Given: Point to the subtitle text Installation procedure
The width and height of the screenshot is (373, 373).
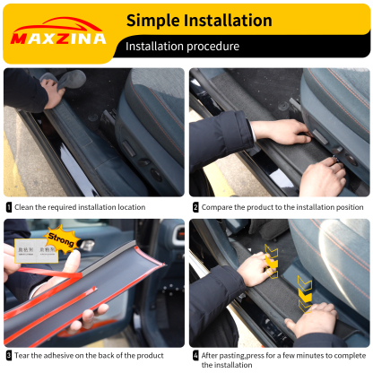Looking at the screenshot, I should click(182, 46).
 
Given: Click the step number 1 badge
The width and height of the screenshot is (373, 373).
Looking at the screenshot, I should click(9, 207).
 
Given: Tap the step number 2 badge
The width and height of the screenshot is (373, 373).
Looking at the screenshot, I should click(195, 207).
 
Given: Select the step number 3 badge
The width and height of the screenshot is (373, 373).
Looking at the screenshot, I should click(9, 355).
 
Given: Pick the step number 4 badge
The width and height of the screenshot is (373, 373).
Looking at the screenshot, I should click(195, 355).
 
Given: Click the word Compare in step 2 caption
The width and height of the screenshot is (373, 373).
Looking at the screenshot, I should click(219, 207).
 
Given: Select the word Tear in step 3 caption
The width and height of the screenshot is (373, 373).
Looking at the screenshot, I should click(23, 355).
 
